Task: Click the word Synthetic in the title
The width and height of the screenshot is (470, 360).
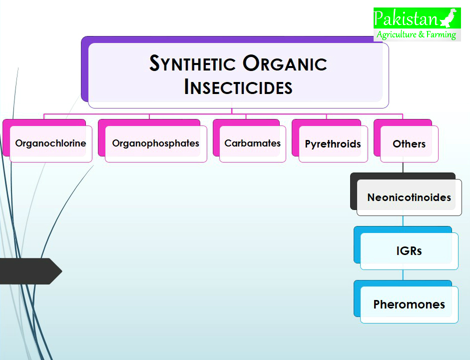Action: (192, 63)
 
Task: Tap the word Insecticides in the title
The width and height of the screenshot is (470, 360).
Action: (238, 87)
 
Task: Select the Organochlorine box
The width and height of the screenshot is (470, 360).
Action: (50, 143)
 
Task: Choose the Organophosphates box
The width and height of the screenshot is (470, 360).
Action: (155, 143)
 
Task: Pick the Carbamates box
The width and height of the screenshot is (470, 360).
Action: (252, 143)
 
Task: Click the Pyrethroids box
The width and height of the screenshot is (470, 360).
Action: (333, 144)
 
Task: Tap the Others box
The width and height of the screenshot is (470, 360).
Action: (409, 144)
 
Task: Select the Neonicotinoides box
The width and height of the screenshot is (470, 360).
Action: (409, 197)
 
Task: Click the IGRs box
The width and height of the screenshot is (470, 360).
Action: (409, 251)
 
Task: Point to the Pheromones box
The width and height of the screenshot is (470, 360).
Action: (409, 304)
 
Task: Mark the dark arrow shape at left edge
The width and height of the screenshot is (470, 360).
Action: (30, 271)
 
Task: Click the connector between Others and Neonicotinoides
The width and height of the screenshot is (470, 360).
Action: (403, 167)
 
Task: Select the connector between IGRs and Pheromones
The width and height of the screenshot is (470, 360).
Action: (403, 274)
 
